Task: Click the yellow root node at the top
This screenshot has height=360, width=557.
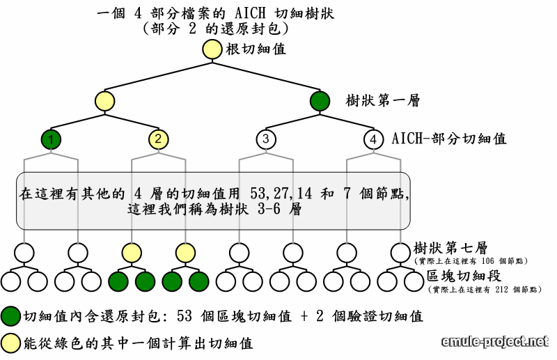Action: [212, 49]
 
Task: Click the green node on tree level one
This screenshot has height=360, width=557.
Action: [319, 101]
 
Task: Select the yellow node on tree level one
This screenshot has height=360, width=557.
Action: [104, 101]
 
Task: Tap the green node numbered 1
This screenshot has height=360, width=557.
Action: [51, 139]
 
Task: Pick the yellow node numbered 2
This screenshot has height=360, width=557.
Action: [158, 139]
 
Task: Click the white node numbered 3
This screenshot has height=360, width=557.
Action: [265, 139]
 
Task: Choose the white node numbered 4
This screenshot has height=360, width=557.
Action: [373, 139]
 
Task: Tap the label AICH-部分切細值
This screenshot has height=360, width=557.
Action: [449, 139]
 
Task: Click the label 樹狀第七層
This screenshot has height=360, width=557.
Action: [449, 248]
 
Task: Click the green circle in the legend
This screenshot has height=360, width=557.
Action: [10, 317]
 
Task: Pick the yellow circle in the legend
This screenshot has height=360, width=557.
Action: [10, 343]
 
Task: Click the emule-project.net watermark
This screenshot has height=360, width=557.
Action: [495, 341]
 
